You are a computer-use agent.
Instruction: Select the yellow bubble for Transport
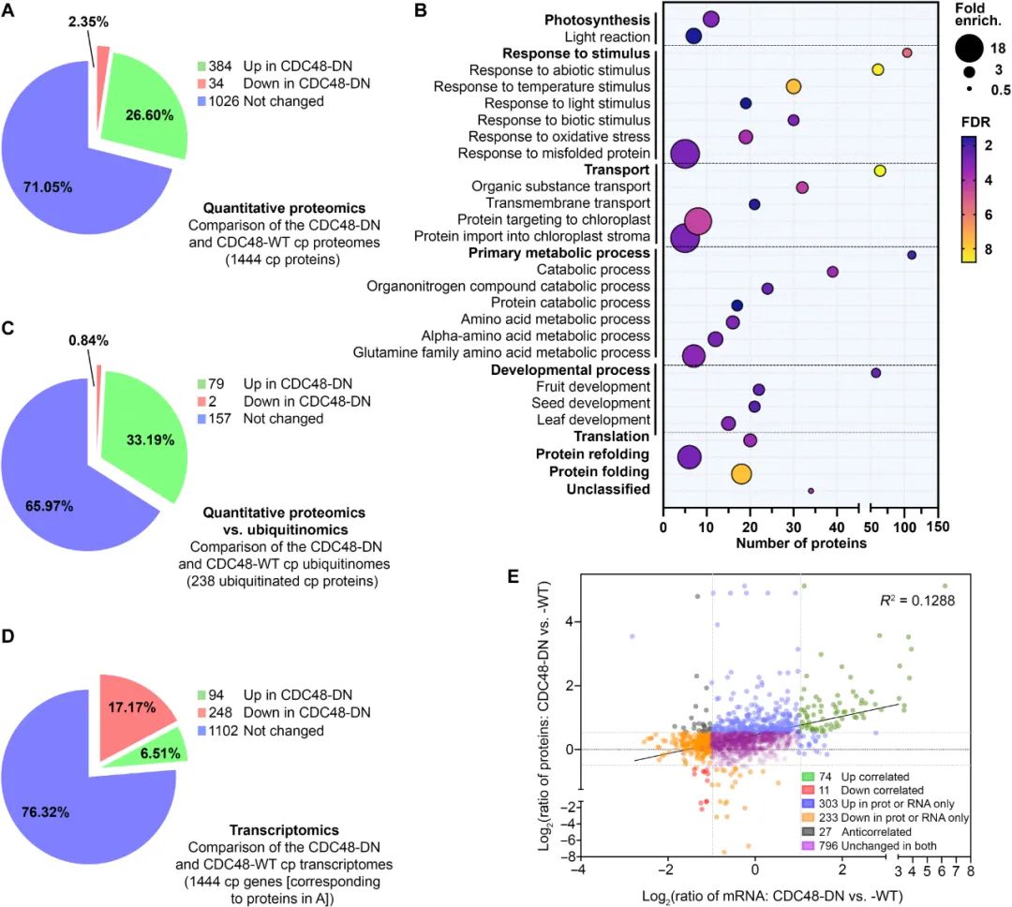pyautogui.click(x=879, y=171)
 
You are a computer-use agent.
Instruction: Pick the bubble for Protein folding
pyautogui.click(x=741, y=473)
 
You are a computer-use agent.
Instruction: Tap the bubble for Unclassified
pyautogui.click(x=811, y=490)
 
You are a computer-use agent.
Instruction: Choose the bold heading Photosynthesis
pyautogui.click(x=598, y=19)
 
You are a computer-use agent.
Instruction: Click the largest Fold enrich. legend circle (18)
pyautogui.click(x=970, y=48)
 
